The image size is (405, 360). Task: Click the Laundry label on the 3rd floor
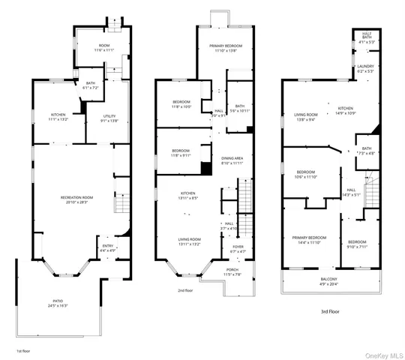[x=365, y=69]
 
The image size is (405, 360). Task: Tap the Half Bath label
[x=367, y=40]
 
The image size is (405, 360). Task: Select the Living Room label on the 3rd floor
[x=304, y=117]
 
